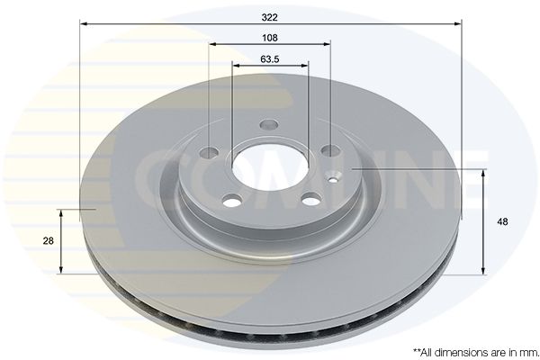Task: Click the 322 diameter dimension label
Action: point(269,17)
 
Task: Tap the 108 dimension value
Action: point(270,38)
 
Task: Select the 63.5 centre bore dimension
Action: point(270,59)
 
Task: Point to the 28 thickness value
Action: point(49,241)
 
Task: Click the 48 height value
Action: point(502,221)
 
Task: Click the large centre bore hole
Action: point(270,168)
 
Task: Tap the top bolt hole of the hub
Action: point(269,124)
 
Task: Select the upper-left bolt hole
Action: point(210,153)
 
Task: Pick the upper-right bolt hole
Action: point(330,150)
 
